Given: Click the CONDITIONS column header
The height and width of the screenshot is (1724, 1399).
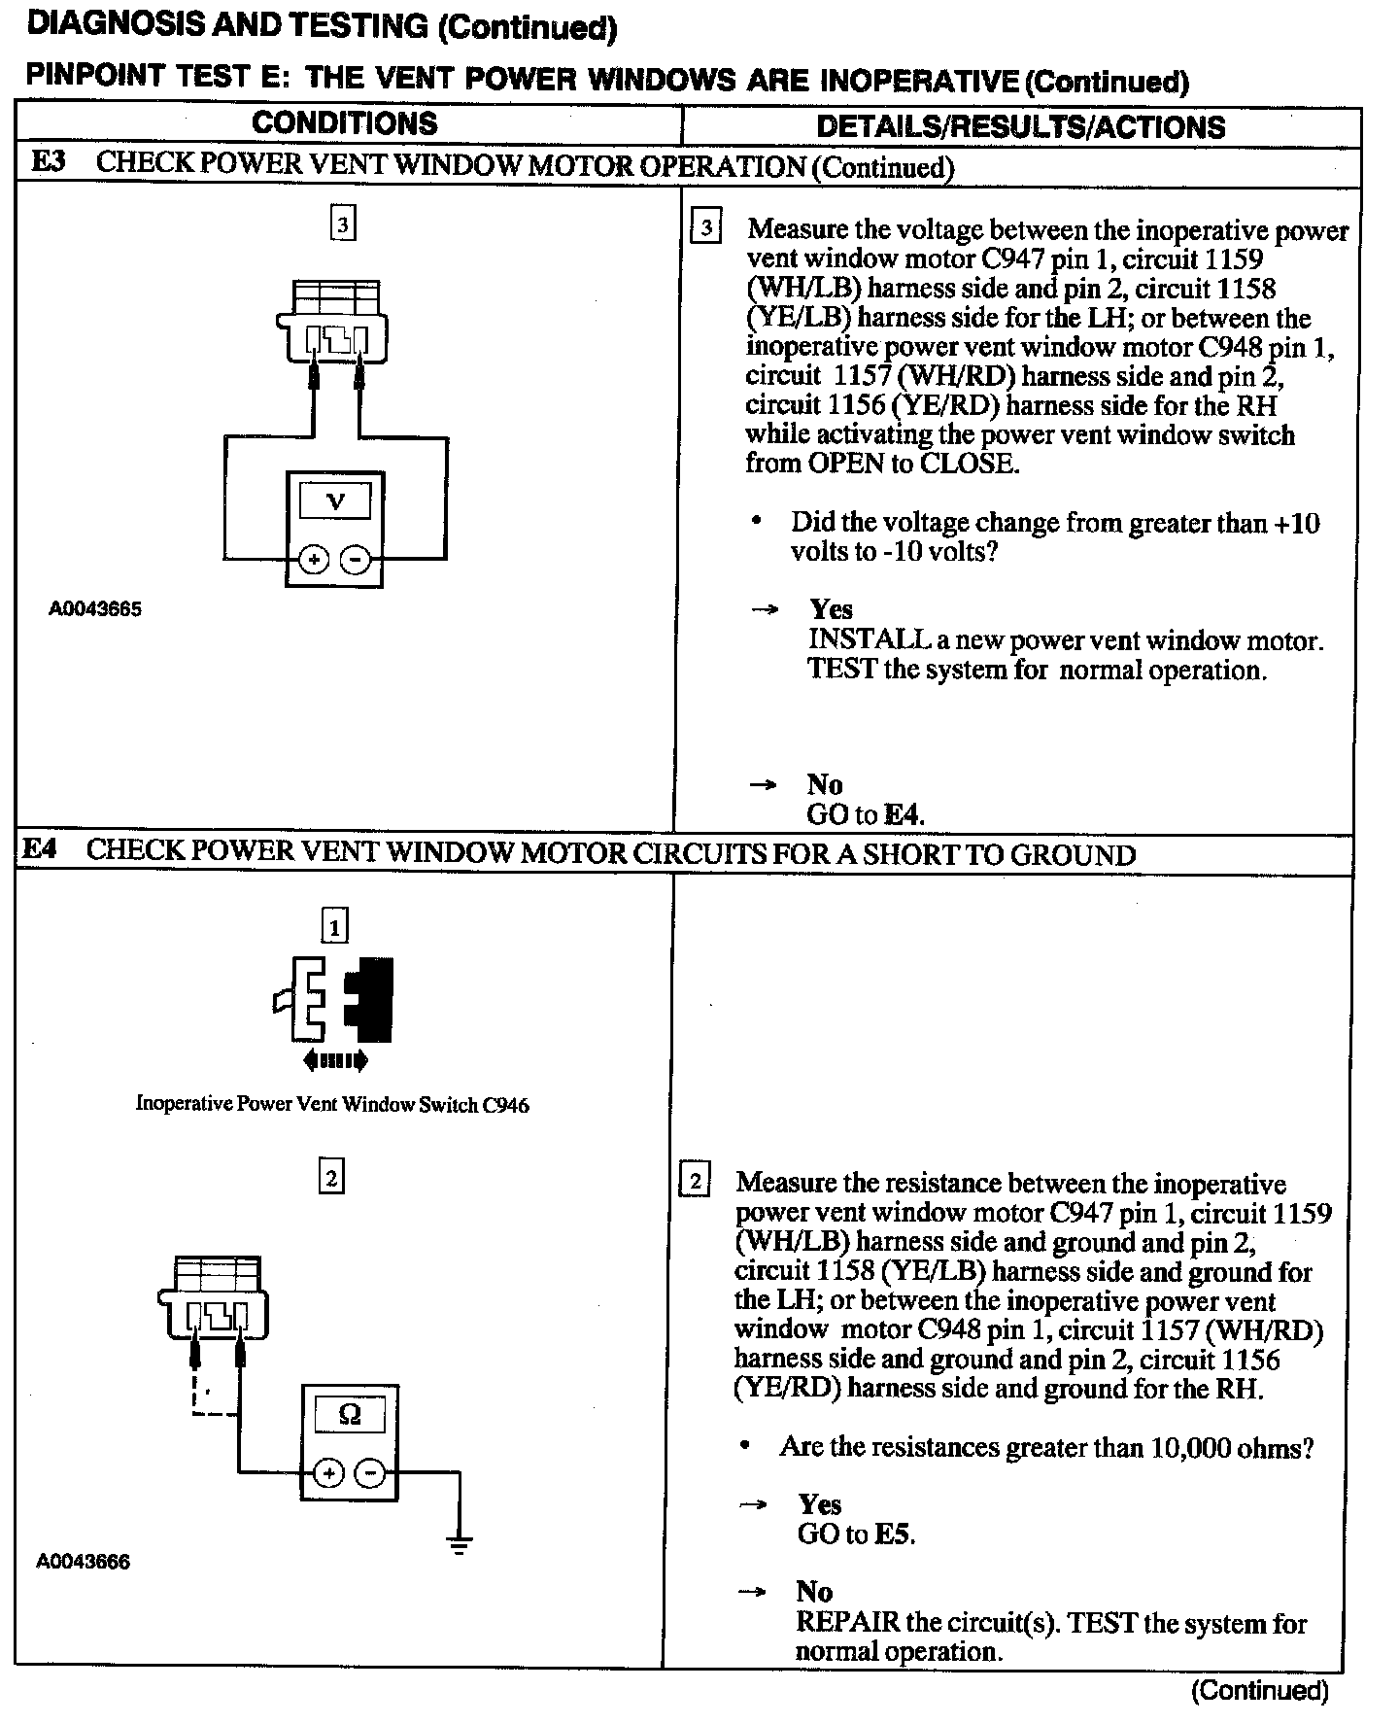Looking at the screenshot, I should point(344,123).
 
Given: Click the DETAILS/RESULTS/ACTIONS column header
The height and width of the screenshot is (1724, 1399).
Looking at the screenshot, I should point(1020,126).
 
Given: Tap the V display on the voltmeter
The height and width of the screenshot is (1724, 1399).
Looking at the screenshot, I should point(335,501).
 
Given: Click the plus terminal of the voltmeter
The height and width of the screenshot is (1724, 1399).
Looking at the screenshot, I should point(313,560).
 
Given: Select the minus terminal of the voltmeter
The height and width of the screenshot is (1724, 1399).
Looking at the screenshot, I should point(356,560).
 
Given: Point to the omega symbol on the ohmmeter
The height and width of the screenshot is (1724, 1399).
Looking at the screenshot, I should point(350,1415).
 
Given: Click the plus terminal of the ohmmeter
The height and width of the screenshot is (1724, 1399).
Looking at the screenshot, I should point(328,1473).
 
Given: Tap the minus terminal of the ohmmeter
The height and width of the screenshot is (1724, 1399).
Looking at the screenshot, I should point(370,1473).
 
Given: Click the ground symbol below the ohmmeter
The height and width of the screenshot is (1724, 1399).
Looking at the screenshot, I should point(460,1544).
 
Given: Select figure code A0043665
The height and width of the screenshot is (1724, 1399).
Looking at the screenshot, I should point(95,609).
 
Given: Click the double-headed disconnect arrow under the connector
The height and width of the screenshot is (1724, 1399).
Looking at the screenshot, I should point(335,1061).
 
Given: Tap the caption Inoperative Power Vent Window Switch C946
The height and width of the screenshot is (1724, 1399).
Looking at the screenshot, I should point(332,1104).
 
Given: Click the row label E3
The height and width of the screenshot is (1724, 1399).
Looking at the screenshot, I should point(48,161).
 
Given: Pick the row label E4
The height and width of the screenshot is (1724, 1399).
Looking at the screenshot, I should point(40,848).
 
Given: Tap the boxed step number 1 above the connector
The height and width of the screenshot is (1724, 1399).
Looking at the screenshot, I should point(334,927).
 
